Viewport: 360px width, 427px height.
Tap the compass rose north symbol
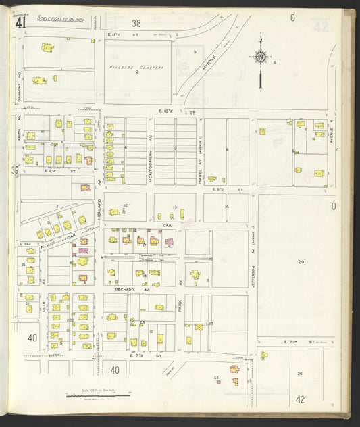tap(261, 57)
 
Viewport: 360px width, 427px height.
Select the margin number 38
tap(137, 23)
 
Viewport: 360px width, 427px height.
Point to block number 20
tap(301, 261)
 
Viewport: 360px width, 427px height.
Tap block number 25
tap(216, 377)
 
